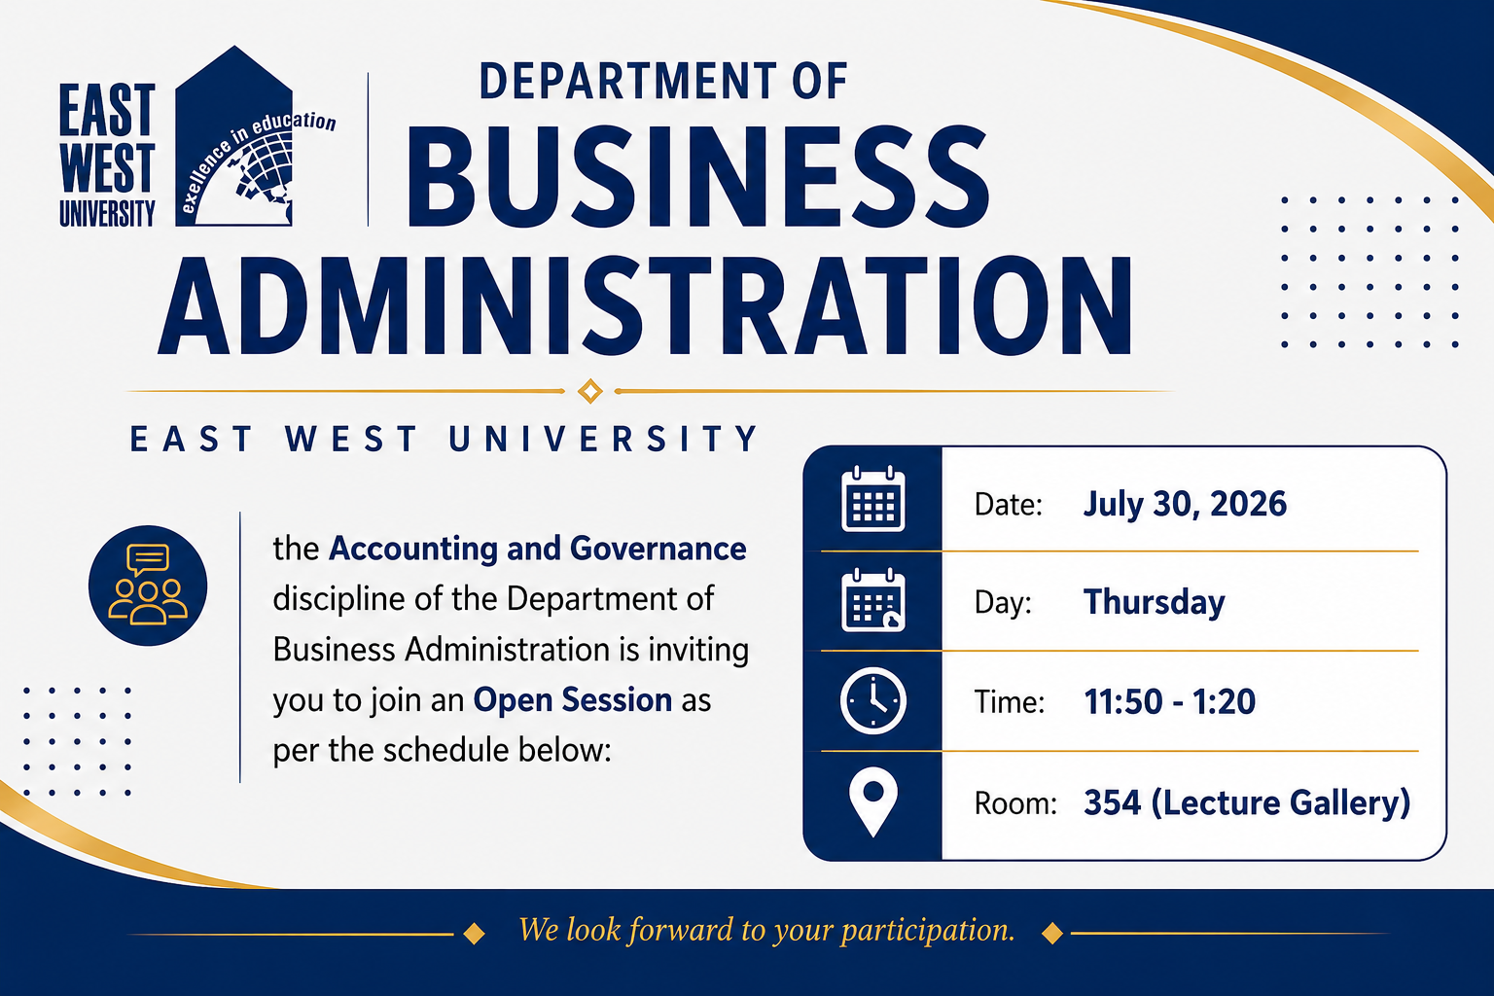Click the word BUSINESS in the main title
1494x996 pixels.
[x=697, y=177]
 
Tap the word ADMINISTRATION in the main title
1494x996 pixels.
[x=645, y=304]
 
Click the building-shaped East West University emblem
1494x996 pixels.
[x=233, y=136]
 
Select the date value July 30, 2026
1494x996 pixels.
[x=1185, y=505]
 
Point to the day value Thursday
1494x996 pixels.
[x=1154, y=602]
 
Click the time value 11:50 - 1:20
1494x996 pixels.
[x=1169, y=702]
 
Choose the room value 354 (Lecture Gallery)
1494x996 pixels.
[x=1247, y=802]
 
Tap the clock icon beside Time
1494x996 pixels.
[x=873, y=701]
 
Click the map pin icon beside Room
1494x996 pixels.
[x=873, y=801]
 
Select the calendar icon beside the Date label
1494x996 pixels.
[x=873, y=500]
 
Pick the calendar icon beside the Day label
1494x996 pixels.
[x=873, y=600]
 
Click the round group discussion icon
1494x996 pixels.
[x=148, y=586]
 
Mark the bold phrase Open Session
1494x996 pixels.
[x=572, y=699]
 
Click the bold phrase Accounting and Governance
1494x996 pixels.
[x=538, y=549]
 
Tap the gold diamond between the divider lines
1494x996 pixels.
[x=590, y=391]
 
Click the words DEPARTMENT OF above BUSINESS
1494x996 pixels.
[x=663, y=82]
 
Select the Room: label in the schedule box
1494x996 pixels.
[x=1015, y=803]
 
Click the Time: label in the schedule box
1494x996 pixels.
[x=1009, y=702]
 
